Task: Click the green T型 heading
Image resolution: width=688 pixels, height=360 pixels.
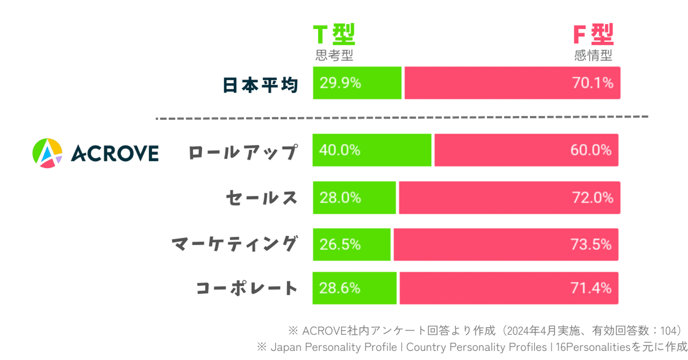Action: (x=333, y=35)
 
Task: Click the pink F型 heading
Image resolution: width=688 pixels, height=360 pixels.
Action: (x=593, y=35)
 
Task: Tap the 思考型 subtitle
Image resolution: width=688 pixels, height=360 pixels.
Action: (x=334, y=56)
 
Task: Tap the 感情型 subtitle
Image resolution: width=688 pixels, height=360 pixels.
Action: (x=593, y=56)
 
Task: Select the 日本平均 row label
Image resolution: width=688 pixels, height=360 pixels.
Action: (x=260, y=85)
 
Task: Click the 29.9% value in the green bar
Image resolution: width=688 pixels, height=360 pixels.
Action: (x=340, y=84)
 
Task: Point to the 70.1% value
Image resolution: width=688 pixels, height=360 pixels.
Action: (x=592, y=84)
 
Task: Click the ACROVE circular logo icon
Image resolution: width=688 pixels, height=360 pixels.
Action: (x=47, y=153)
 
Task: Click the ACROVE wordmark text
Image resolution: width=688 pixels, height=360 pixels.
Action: (x=115, y=153)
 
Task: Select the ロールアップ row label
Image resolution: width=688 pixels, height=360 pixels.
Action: (x=243, y=152)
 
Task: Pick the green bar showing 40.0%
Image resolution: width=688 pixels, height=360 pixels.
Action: (x=372, y=150)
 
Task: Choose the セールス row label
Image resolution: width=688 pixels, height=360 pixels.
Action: (x=261, y=198)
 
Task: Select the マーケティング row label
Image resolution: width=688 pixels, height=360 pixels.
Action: (x=234, y=244)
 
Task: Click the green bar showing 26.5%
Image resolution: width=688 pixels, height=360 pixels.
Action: (x=352, y=244)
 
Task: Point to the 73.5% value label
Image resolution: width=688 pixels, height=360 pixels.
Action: (x=591, y=244)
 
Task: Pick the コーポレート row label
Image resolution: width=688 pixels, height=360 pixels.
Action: (x=247, y=288)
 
